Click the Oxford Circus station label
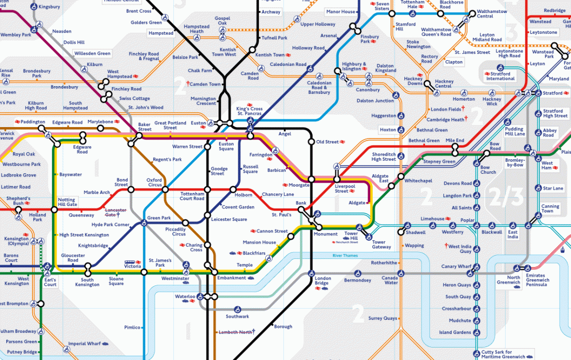(x=155, y=183)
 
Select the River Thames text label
(x=345, y=255)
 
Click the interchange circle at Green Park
(x=143, y=224)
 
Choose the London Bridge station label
(x=322, y=281)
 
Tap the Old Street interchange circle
(x=311, y=142)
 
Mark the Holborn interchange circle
(x=233, y=189)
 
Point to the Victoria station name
(x=132, y=266)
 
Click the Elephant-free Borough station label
(x=283, y=327)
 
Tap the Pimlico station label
(x=132, y=327)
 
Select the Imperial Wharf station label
(x=85, y=343)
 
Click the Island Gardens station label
(x=455, y=333)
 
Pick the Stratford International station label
(x=500, y=76)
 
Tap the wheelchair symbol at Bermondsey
(x=358, y=273)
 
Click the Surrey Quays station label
(x=383, y=319)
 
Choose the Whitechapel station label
(x=418, y=181)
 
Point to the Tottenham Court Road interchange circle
(x=207, y=189)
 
